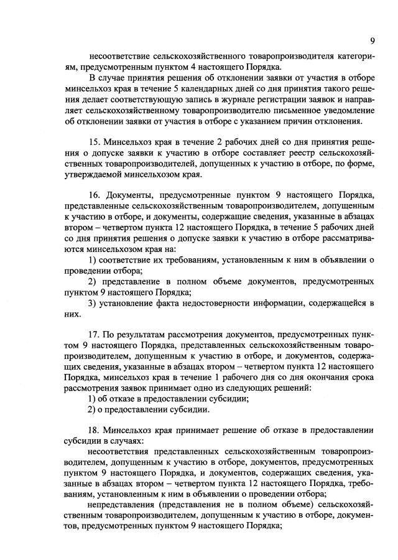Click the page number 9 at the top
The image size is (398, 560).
372,41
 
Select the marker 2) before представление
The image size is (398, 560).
92,281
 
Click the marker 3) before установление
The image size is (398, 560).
92,302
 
